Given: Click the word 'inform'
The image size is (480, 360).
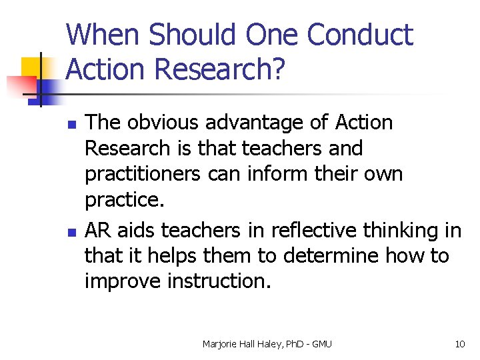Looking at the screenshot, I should coord(279,174).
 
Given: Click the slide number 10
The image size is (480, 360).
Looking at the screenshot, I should coord(459,344).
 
